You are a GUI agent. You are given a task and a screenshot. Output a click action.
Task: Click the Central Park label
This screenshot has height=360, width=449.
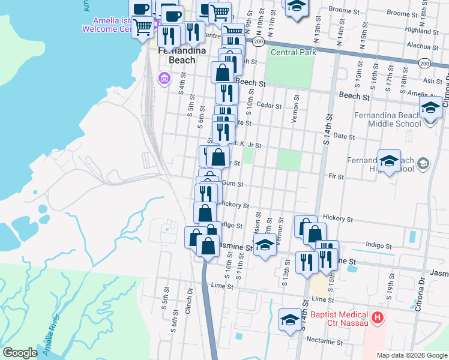click(294, 53)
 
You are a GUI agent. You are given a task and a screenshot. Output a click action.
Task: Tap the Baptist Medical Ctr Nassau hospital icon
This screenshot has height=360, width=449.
click(377, 317)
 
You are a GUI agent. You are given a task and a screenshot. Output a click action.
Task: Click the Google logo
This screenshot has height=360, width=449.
click(20, 353)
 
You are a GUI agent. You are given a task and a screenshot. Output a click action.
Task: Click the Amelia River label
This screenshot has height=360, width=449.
click(53, 340)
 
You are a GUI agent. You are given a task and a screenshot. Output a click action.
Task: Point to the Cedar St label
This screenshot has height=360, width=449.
click(269, 106)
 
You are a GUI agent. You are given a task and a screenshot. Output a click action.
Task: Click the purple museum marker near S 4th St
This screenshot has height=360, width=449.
click(163, 79)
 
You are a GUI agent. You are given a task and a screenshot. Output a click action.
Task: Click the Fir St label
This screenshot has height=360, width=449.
click(336, 177)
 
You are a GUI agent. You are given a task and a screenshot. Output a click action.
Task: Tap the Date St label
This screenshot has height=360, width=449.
click(341, 137)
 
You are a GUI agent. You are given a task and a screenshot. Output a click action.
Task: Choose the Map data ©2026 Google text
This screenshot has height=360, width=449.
click(412, 355)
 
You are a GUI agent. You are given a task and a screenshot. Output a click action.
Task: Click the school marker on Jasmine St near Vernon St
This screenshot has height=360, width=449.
click(264, 245)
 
